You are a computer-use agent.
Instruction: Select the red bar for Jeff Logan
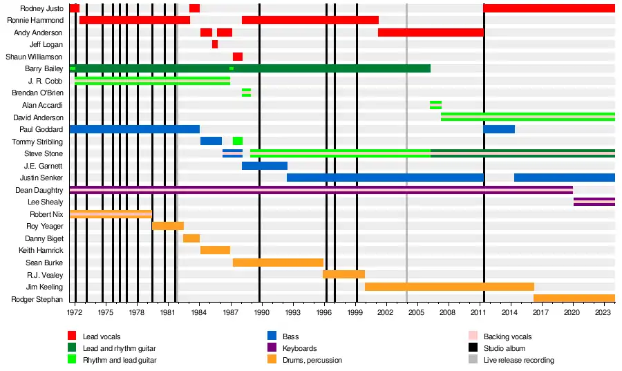215,44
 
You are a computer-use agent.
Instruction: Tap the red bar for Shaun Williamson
238,57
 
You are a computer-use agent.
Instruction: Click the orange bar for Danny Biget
191,238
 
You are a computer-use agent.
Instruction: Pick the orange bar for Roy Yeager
168,226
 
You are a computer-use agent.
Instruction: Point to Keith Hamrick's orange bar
215,250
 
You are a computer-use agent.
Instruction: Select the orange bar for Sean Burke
278,263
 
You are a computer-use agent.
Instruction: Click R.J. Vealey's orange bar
343,274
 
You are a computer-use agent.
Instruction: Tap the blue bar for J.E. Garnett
264,166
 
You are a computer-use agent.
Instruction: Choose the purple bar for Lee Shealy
594,202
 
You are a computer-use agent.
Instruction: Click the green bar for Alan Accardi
435,105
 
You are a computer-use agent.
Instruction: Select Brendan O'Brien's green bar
246,93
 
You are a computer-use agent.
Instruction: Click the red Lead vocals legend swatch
72,336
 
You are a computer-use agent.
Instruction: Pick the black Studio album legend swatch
473,348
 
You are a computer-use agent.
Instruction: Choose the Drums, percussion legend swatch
272,360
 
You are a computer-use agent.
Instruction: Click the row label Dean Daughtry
39,190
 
